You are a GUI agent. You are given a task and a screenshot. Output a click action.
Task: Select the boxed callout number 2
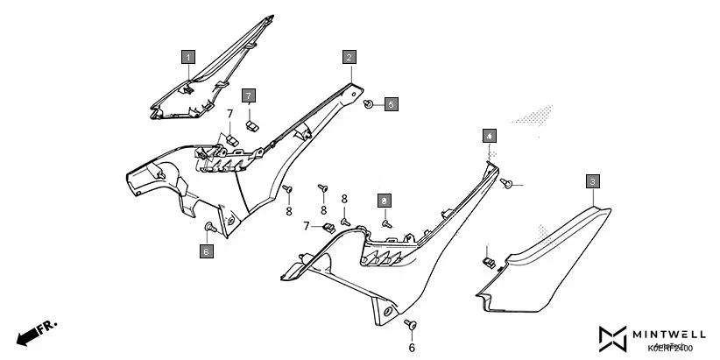349,58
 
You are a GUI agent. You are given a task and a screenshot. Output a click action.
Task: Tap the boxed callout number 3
593,181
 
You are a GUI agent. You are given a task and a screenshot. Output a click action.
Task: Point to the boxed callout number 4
489,136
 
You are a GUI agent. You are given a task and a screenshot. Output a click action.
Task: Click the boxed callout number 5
391,104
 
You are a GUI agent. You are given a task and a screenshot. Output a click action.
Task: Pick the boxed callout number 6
206,252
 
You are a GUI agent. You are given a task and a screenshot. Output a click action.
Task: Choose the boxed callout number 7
249,95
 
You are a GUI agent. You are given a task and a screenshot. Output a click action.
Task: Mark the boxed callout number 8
384,201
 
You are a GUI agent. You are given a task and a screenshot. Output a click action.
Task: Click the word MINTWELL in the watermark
672,334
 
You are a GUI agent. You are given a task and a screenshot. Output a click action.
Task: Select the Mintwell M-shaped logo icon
613,338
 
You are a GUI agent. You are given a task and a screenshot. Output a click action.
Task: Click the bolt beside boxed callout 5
370,104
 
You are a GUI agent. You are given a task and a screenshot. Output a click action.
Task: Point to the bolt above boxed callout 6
208,228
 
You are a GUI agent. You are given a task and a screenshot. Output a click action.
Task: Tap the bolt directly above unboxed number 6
409,324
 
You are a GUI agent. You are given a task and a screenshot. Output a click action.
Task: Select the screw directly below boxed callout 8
385,223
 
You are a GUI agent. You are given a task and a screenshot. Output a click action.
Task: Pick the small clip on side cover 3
489,260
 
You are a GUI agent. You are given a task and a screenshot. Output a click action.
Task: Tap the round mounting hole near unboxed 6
386,313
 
